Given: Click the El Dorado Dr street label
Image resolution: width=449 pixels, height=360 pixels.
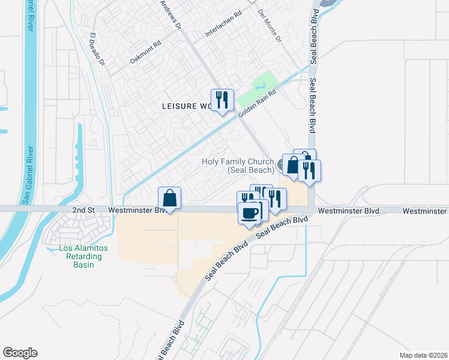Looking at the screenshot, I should click(97, 49).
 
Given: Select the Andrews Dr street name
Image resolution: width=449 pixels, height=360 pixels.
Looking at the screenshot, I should click(170, 14).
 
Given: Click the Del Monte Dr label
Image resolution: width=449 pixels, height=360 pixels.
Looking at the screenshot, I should click(269, 26).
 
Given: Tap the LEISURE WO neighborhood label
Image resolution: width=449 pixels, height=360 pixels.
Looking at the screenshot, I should click(187, 106).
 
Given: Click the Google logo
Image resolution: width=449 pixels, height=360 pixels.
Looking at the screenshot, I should click(20, 353).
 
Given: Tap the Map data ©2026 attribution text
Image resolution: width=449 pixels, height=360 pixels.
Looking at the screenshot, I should click(423, 355).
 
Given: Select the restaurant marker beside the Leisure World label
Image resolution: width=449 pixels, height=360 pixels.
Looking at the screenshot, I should click(222, 100).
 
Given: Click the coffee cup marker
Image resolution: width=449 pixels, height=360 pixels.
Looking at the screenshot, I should click(250, 212).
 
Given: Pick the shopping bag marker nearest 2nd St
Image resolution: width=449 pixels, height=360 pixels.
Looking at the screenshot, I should click(170, 197).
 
